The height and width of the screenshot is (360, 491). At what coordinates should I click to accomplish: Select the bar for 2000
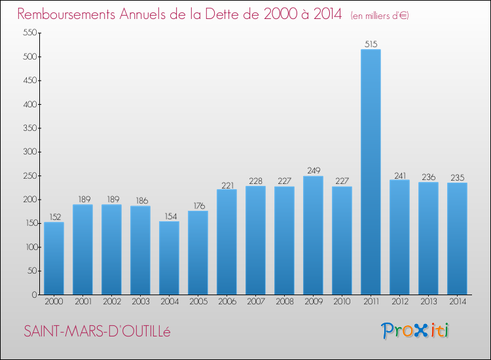tap(54, 259)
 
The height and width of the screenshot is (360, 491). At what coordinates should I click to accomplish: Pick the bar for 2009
tap(313, 236)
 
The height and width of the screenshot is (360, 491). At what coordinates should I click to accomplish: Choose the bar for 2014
tap(457, 239)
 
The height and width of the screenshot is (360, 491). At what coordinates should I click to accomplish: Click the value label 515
tap(371, 44)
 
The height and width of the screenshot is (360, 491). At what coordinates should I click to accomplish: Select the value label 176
tap(198, 206)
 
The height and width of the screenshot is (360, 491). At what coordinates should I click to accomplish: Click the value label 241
tap(399, 175)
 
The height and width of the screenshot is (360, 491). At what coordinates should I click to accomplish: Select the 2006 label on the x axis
tap(227, 302)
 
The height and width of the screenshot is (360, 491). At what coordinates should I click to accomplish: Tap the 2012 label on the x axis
tap(399, 302)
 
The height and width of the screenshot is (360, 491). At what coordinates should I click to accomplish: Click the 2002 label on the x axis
tap(111, 302)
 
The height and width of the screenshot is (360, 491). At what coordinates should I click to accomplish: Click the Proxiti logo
tap(416, 331)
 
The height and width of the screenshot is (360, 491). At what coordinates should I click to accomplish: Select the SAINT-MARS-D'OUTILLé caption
tap(97, 331)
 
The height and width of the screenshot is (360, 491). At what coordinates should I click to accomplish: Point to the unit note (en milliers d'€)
tap(380, 15)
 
